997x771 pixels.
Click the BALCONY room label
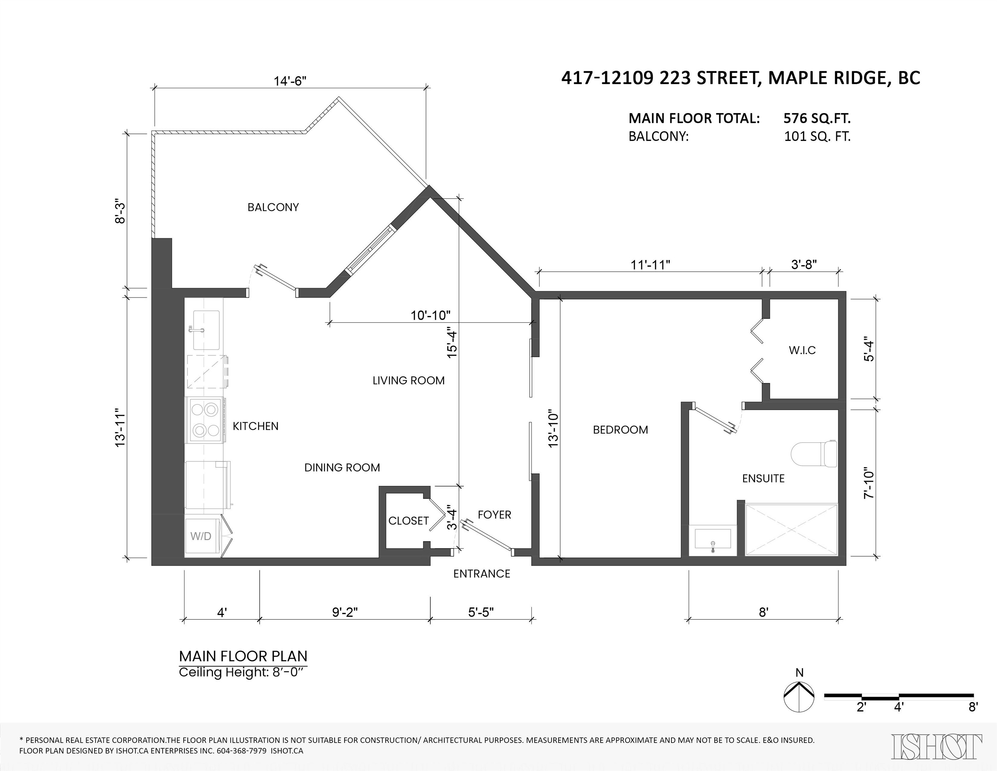click(273, 207)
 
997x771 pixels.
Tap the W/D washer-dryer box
click(201, 536)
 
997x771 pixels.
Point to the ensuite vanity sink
click(713, 539)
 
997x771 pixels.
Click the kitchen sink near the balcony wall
click(206, 330)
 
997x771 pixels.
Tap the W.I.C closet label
click(802, 350)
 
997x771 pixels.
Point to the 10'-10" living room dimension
click(430, 315)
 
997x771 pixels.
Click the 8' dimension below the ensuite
click(763, 612)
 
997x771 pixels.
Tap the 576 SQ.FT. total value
click(817, 118)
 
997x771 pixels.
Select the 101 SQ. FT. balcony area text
click(817, 137)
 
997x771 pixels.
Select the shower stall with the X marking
click(791, 529)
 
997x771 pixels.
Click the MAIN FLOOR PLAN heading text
click(243, 656)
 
